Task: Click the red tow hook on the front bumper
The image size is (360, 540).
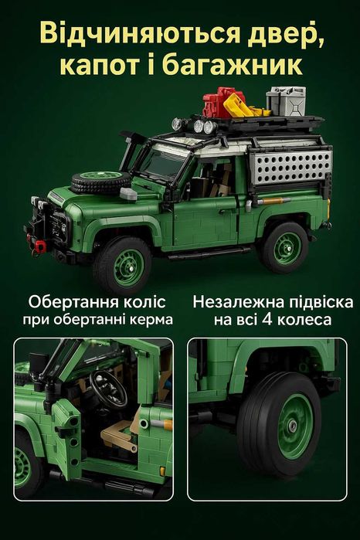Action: pos(36,245)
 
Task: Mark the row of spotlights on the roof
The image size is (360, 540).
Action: pos(193,126)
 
